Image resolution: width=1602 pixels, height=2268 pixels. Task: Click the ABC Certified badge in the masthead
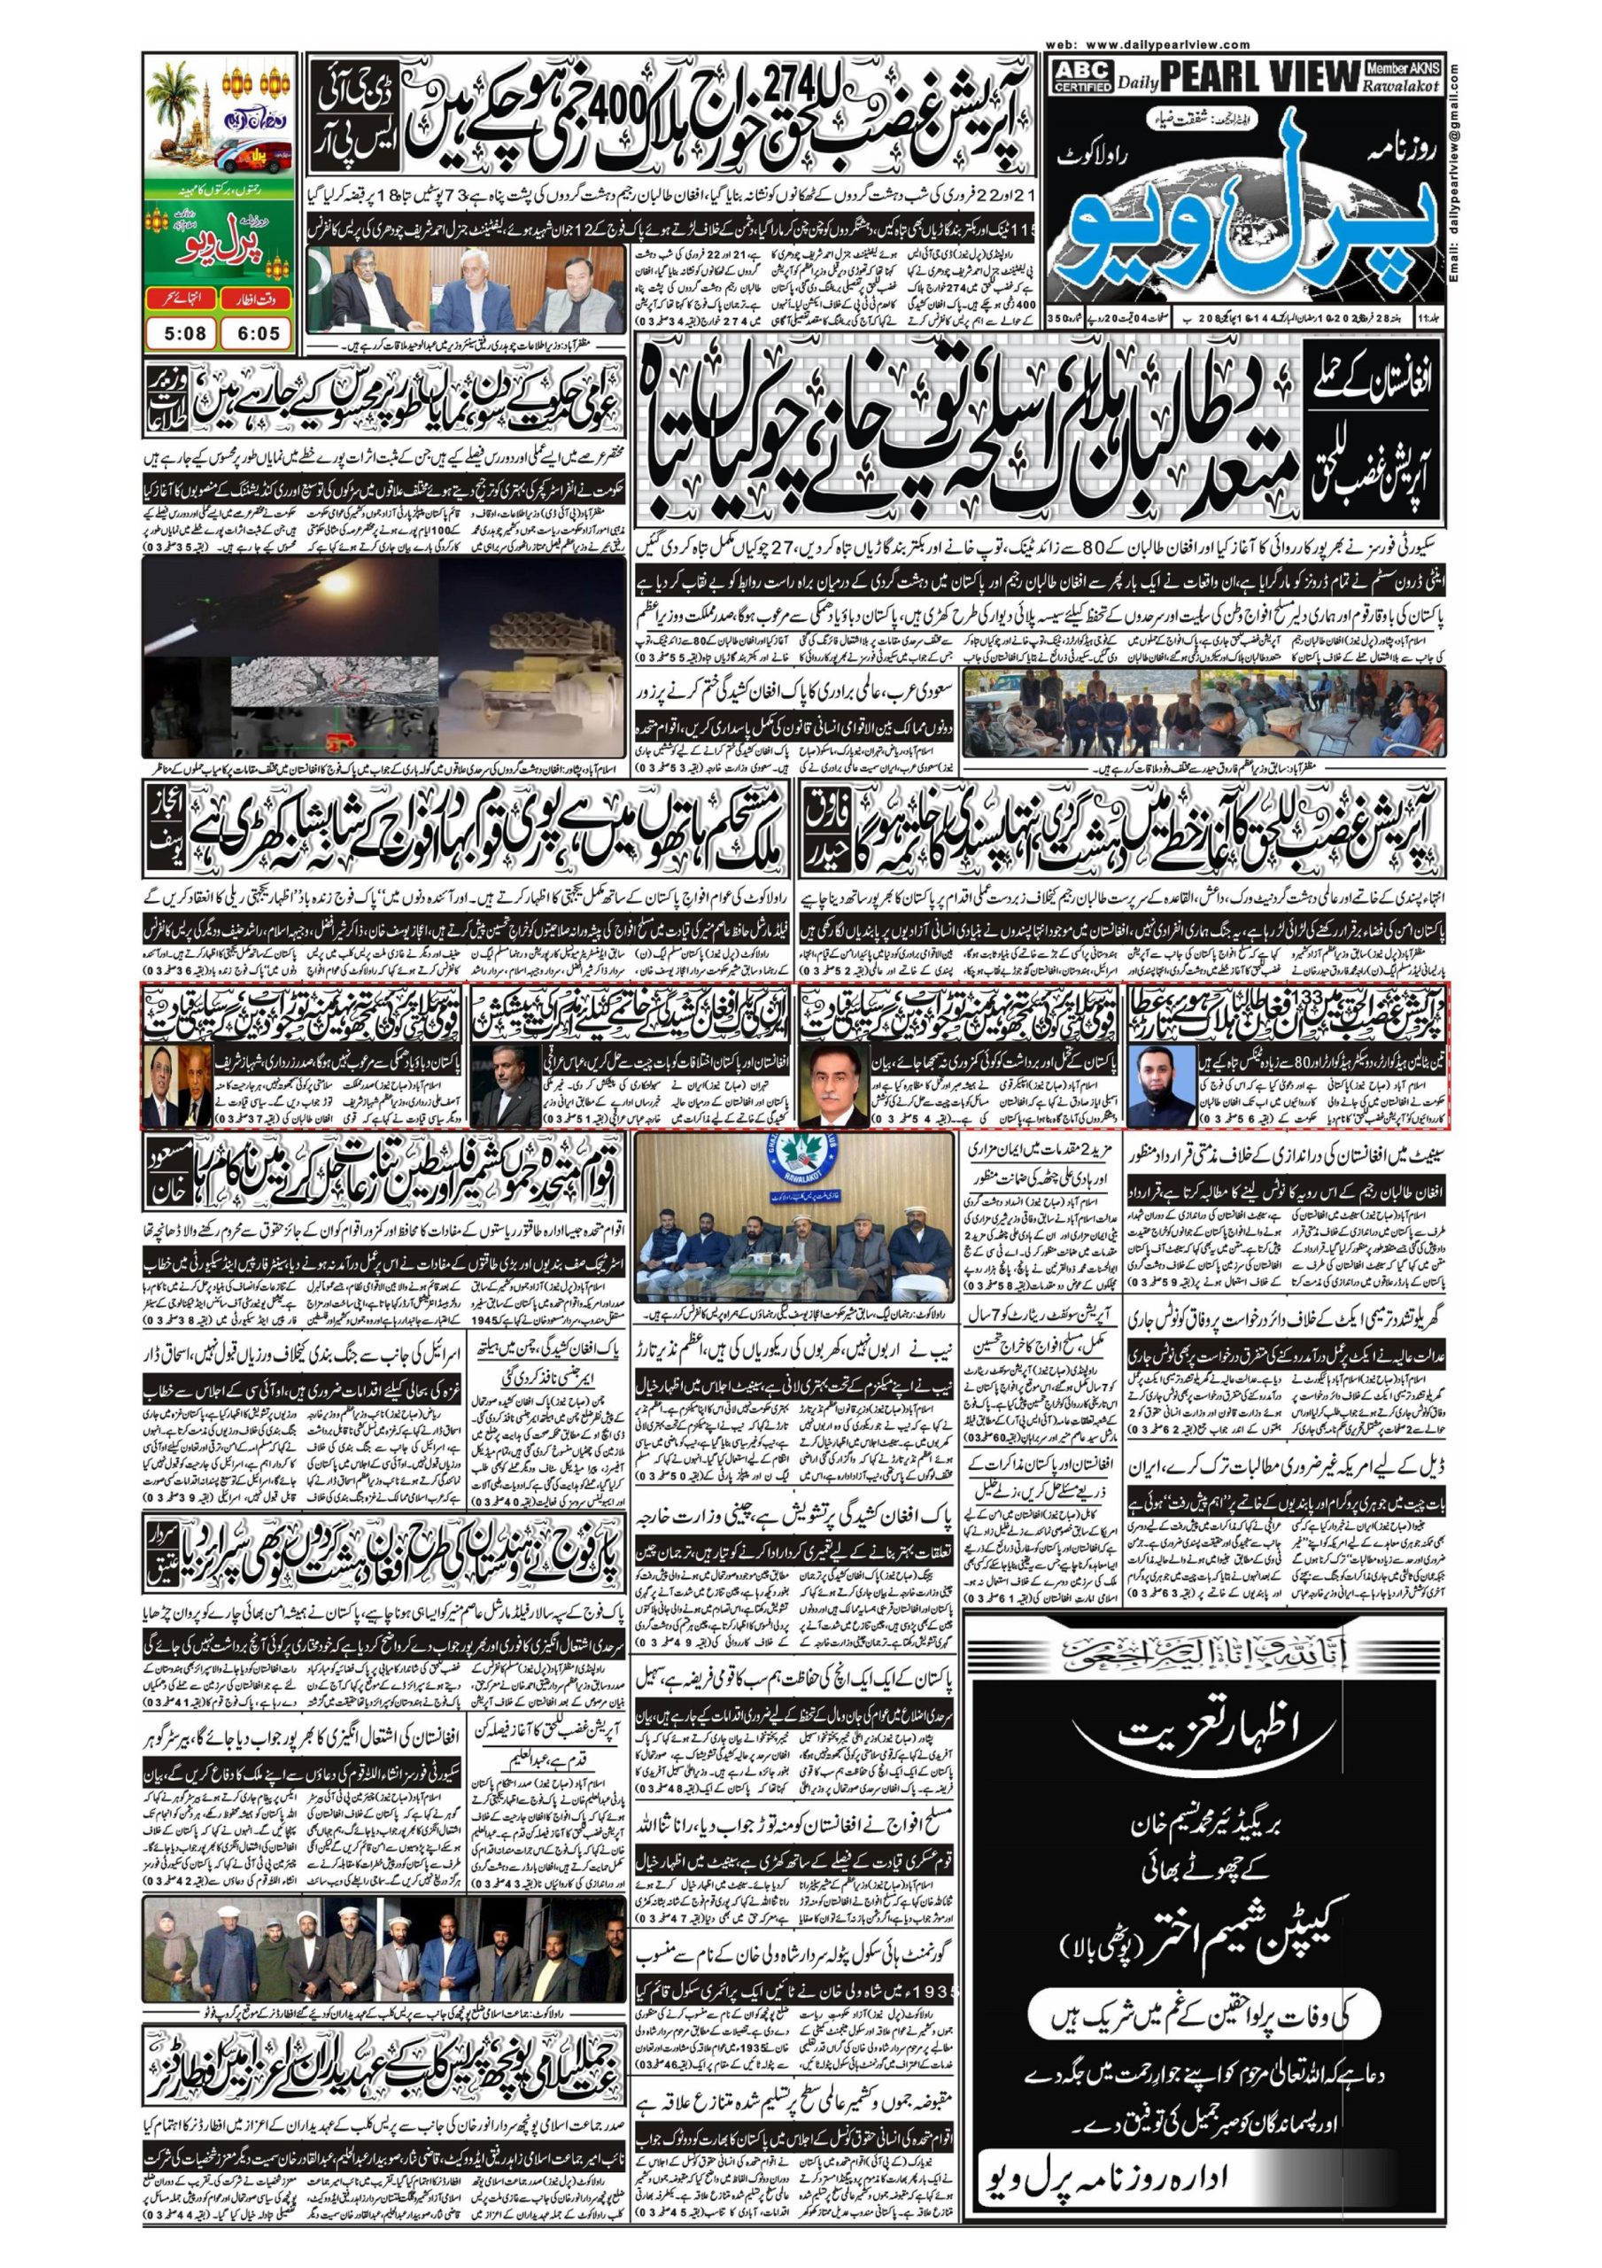1082,75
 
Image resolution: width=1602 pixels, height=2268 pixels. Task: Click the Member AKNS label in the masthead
1404,68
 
